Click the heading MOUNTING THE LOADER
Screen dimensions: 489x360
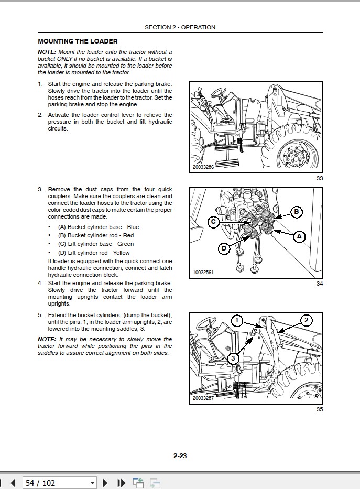tap(78, 41)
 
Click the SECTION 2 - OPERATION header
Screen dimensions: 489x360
tap(180, 27)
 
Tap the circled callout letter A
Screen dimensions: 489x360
tap(299, 237)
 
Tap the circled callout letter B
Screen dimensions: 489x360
tap(296, 212)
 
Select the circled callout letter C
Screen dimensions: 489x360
tap(213, 222)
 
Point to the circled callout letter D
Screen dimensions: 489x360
tap(224, 248)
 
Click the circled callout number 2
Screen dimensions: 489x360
tap(306, 320)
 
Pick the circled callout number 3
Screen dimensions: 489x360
tap(234, 358)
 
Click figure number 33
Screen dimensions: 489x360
tap(320, 179)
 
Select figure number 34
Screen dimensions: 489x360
tap(320, 284)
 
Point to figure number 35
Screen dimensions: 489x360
tap(320, 409)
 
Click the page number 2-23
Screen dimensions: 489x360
tap(180, 455)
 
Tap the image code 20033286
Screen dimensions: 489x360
tap(203, 167)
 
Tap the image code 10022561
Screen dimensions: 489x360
tap(203, 273)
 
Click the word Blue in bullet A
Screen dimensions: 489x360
tap(133, 227)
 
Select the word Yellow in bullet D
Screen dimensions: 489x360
tap(121, 252)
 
